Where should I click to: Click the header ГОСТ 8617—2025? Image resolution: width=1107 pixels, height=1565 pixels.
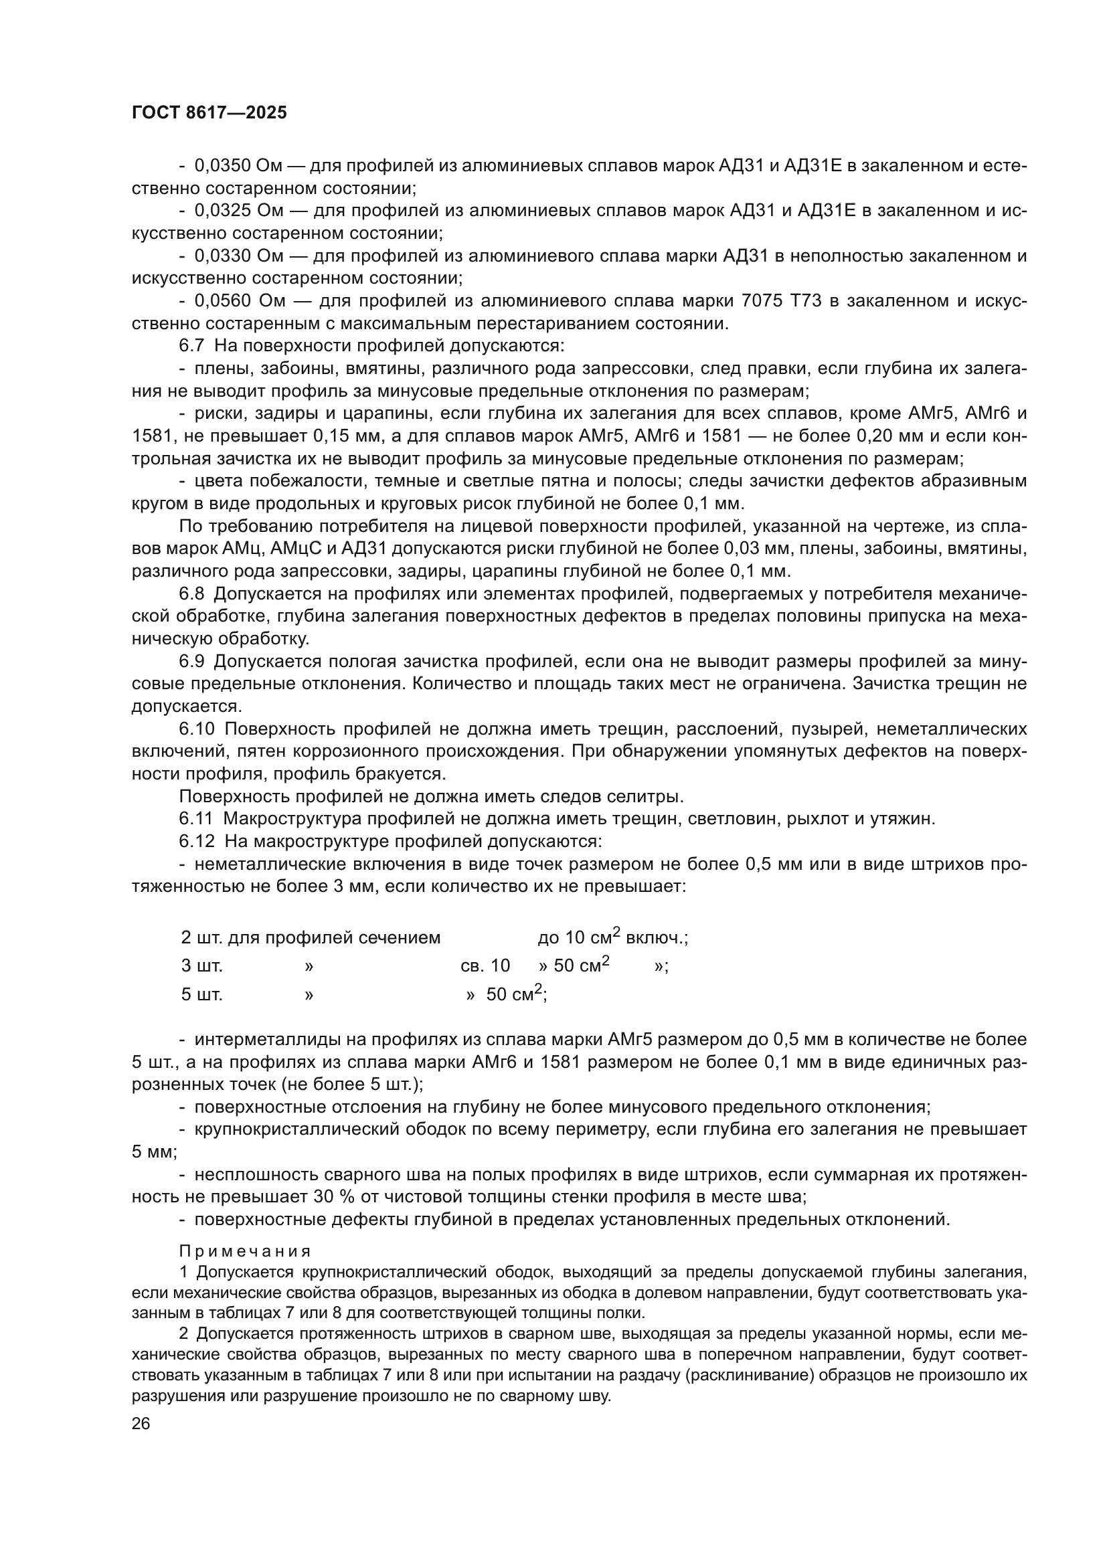(x=209, y=113)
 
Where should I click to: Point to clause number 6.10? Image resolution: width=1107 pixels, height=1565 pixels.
(x=197, y=729)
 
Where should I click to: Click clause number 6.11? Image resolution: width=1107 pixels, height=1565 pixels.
(x=196, y=818)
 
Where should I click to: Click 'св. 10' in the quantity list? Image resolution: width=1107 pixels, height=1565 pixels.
(x=485, y=966)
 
